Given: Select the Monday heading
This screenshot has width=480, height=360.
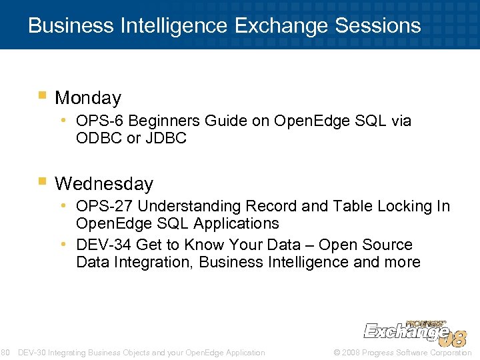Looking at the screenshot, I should [x=88, y=98].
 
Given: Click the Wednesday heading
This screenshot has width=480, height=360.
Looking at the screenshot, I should [x=104, y=183].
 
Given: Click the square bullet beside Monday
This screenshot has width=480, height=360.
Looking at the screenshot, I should [x=43, y=96].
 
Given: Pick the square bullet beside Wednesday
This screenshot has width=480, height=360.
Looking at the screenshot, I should [x=43, y=181].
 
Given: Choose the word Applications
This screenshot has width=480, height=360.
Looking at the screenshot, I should [x=234, y=223].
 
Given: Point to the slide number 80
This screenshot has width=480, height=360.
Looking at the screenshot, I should [x=4, y=353].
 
